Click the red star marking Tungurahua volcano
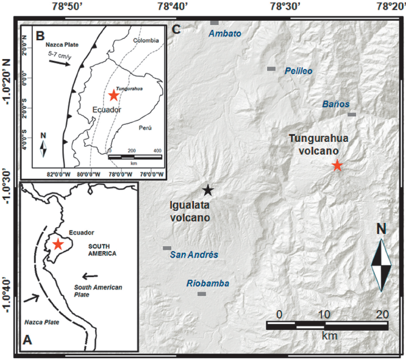click(x=337, y=165)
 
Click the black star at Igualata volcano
click(x=208, y=190)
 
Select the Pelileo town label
click(x=299, y=71)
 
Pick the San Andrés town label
click(x=194, y=255)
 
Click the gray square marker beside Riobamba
click(x=202, y=294)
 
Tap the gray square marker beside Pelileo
click(x=271, y=69)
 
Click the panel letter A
click(x=27, y=341)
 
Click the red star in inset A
click(x=58, y=244)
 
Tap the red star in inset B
click(x=113, y=95)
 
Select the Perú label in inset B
click(x=144, y=128)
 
